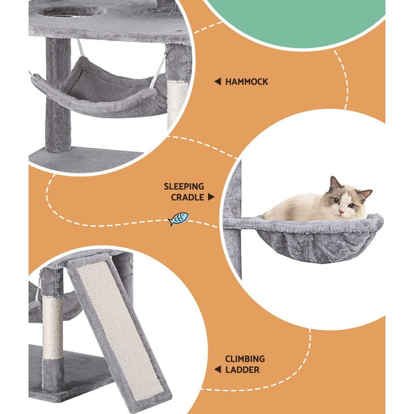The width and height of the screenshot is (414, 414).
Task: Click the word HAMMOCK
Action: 247,82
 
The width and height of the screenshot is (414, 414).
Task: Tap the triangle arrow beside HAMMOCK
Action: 217,82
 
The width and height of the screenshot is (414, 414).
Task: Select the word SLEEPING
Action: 184,186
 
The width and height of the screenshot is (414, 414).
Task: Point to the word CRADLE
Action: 187,198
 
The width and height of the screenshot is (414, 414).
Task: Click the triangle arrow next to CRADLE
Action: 211,198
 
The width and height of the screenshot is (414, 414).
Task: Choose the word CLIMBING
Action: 244,359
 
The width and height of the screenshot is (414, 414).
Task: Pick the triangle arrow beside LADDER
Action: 217,370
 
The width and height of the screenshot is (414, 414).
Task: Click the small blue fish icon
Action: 178,219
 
